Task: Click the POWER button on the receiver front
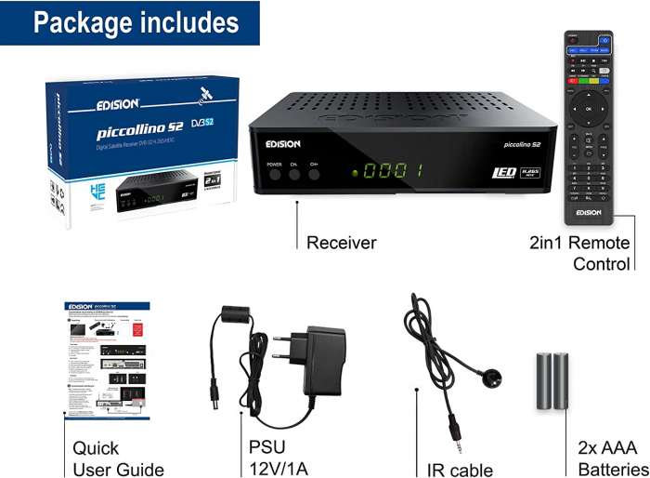coord(275,174)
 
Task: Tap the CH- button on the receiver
coord(293,174)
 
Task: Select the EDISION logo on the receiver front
coord(282,143)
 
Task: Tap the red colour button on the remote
coord(572,81)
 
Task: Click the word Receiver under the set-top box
coord(341,243)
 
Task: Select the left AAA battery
coord(545,382)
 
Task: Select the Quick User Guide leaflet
coord(107,361)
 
